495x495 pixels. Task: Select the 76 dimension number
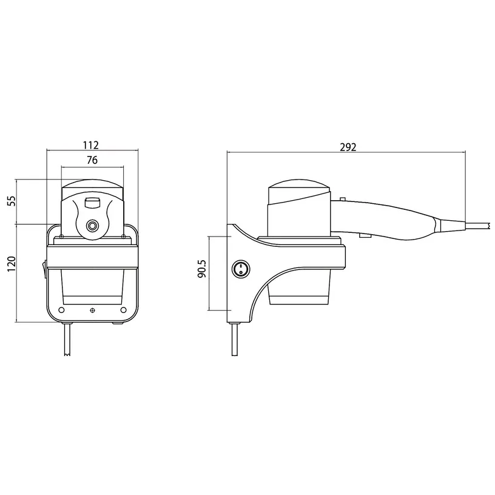92,160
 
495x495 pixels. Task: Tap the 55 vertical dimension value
10,202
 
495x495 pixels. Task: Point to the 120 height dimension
10,264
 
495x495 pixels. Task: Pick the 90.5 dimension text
202,269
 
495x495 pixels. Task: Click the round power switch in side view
240,269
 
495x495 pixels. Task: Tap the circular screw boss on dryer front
92,226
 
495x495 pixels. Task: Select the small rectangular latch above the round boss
92,202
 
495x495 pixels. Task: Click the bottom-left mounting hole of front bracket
61,310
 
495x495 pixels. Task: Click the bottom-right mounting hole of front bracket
124,310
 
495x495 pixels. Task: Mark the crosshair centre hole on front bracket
92,311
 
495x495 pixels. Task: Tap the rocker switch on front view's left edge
45,268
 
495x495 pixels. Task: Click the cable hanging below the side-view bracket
234,343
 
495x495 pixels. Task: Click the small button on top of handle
343,198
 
